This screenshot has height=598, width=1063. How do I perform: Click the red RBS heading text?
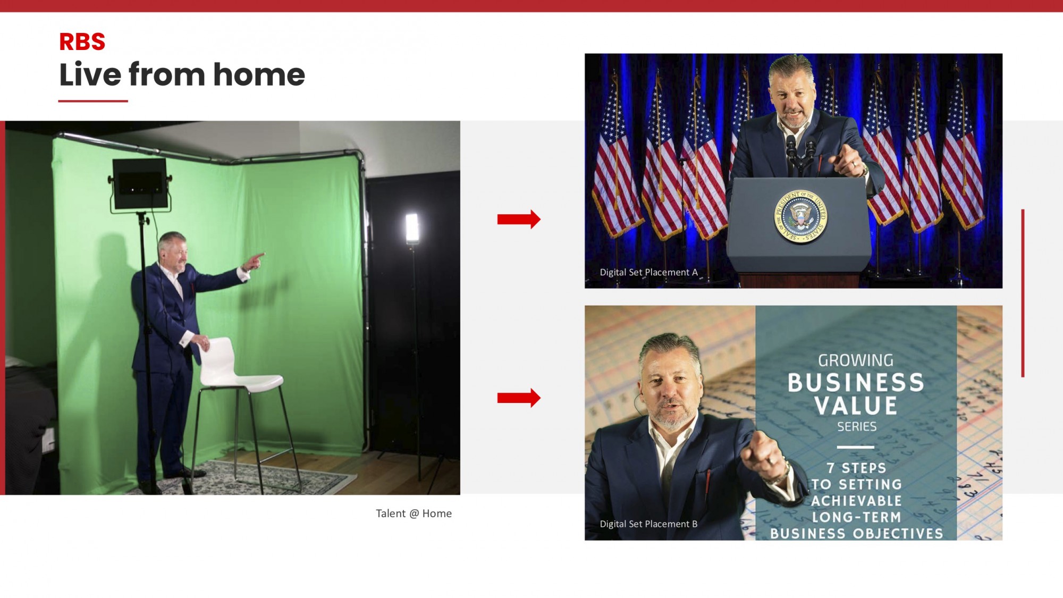[x=82, y=42]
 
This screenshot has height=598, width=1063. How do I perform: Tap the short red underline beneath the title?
[x=93, y=100]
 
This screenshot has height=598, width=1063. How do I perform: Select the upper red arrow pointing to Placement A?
[x=519, y=219]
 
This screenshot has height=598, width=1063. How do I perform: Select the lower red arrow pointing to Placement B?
[x=519, y=398]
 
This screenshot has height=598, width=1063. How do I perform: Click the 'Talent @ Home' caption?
[x=414, y=513]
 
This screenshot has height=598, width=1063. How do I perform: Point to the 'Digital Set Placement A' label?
[x=648, y=272]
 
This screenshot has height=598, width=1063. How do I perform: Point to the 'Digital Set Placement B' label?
[x=648, y=524]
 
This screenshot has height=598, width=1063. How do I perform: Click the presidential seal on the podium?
[x=800, y=216]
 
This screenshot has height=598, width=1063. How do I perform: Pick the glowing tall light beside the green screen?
[x=412, y=228]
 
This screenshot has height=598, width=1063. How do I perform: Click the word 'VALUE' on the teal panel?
[x=856, y=406]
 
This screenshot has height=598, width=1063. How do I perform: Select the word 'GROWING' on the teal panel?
[x=856, y=360]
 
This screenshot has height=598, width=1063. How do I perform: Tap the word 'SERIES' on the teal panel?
[x=857, y=426]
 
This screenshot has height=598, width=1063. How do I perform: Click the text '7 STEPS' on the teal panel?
[x=856, y=468]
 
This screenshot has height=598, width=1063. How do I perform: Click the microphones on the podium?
[x=801, y=154]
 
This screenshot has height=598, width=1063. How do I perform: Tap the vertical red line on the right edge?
[x=1023, y=293]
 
